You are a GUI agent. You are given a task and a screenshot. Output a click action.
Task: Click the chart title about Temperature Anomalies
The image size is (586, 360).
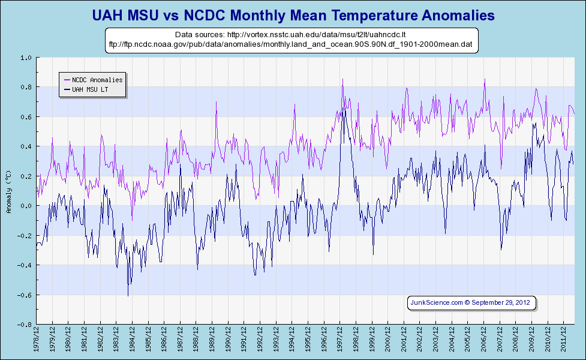coord(293,14)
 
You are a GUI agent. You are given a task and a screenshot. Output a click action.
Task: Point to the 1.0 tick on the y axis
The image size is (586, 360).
coord(25,58)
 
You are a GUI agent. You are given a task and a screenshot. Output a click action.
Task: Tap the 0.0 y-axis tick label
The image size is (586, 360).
coord(25,206)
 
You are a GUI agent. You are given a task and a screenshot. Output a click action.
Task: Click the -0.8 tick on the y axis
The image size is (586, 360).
coord(24,325)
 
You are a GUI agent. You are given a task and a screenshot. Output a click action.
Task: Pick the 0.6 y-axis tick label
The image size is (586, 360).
coord(25,117)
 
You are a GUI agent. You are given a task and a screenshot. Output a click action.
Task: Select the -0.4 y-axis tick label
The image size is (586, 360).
coord(24,265)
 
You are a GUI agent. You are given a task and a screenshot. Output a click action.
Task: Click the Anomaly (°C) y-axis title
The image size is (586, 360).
coord(8,191)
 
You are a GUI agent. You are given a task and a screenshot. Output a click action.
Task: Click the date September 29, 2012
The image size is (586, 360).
coord(501,302)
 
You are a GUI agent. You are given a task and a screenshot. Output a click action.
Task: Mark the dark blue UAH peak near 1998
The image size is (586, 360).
coord(344,108)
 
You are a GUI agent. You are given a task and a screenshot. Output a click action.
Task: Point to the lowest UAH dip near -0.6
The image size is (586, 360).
coord(128,295)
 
